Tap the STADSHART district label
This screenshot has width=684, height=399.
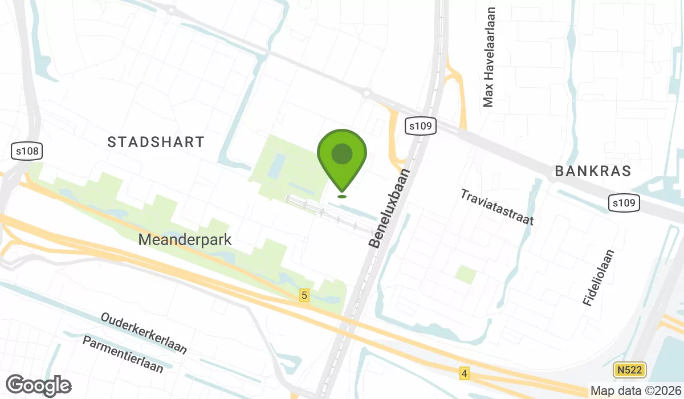pyautogui.click(x=156, y=142)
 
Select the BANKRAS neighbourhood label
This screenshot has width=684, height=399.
pyautogui.click(x=593, y=171)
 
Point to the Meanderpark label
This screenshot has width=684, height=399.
pyautogui.click(x=185, y=239)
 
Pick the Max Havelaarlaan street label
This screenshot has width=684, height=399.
pyautogui.click(x=488, y=57)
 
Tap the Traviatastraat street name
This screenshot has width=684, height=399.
pyautogui.click(x=497, y=207)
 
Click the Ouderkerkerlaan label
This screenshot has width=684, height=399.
pyautogui.click(x=144, y=332)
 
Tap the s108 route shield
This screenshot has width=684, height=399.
pyautogui.click(x=27, y=151)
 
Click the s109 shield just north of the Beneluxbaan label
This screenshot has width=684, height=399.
pyautogui.click(x=421, y=126)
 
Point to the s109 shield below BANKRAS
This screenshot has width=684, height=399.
pyautogui.click(x=624, y=203)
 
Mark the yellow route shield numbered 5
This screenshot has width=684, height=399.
pyautogui.click(x=304, y=295)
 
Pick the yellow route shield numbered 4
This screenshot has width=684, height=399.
pyautogui.click(x=465, y=373)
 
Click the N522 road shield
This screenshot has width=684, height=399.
pyautogui.click(x=630, y=370)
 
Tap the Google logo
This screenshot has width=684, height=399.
pyautogui.click(x=39, y=385)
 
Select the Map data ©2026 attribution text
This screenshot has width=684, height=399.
pyautogui.click(x=636, y=391)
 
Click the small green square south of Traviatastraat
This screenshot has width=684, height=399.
pyautogui.click(x=466, y=275)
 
